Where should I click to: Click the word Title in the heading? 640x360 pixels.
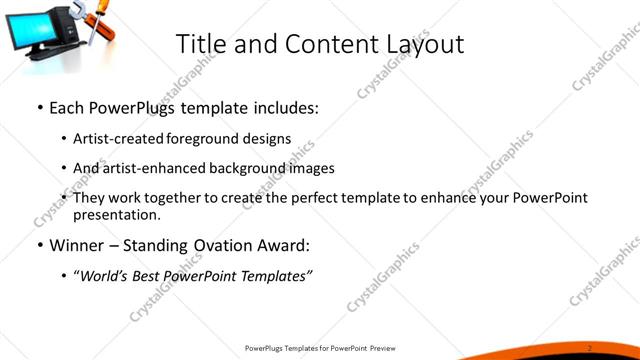coord(199,44)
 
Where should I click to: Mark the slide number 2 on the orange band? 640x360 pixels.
coord(590,347)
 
